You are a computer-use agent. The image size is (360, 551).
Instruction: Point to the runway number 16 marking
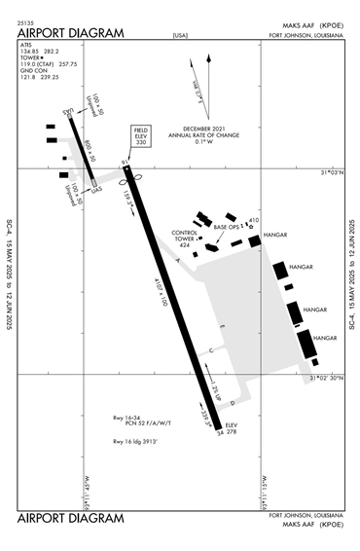point(125,164)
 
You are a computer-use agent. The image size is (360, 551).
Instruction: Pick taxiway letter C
point(210,350)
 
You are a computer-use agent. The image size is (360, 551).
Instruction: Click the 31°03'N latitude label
point(332,173)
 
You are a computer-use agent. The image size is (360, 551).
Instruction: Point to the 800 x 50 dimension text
point(89,149)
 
